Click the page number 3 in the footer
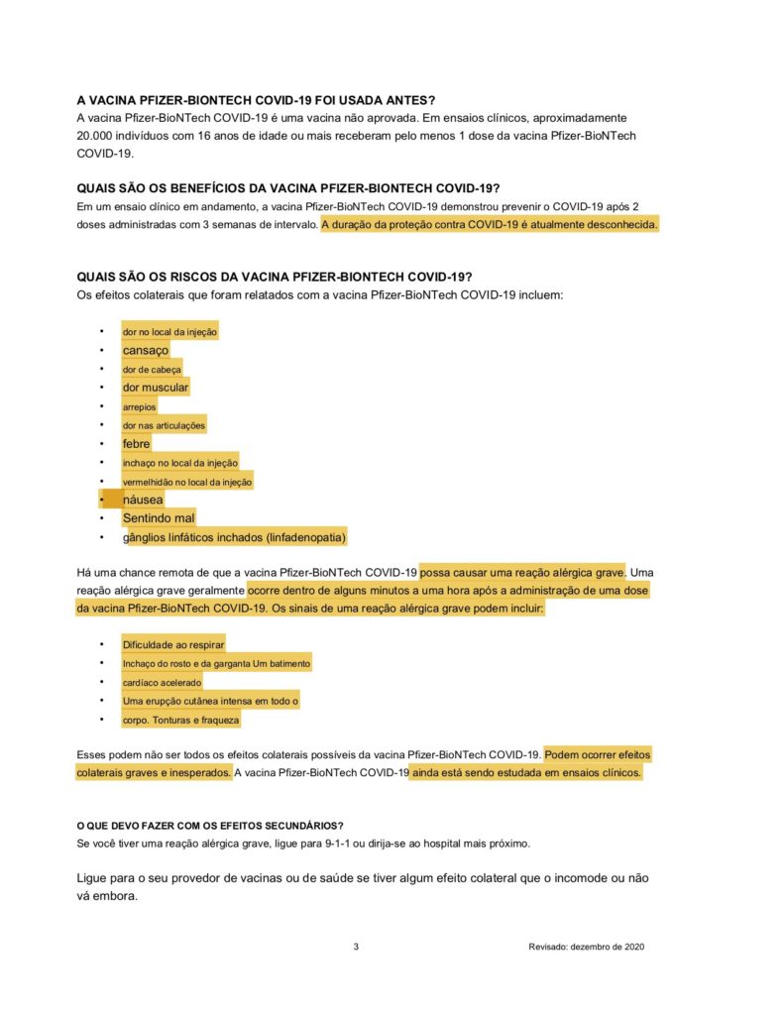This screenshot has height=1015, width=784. pyautogui.click(x=356, y=947)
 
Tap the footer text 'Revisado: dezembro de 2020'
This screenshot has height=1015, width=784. pyautogui.click(x=587, y=947)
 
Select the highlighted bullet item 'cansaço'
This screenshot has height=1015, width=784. pyautogui.click(x=146, y=350)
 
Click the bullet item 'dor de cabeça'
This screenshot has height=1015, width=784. pyautogui.click(x=152, y=369)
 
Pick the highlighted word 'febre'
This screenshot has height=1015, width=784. pyautogui.click(x=137, y=444)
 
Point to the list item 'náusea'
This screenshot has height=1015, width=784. pyautogui.click(x=143, y=500)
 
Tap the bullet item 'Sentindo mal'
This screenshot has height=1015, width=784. pyautogui.click(x=159, y=517)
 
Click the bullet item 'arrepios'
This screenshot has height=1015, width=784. pyautogui.click(x=139, y=406)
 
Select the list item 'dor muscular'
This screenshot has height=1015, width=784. pyautogui.click(x=156, y=388)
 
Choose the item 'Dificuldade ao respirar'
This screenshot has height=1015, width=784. pyautogui.click(x=173, y=645)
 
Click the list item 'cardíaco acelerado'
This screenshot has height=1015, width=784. pyautogui.click(x=162, y=682)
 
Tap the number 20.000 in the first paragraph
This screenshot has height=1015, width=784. pyautogui.click(x=98, y=135)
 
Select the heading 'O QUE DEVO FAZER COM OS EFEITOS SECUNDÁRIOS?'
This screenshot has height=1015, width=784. pyautogui.click(x=210, y=826)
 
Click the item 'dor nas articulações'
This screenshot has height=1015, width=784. pyautogui.click(x=164, y=425)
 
